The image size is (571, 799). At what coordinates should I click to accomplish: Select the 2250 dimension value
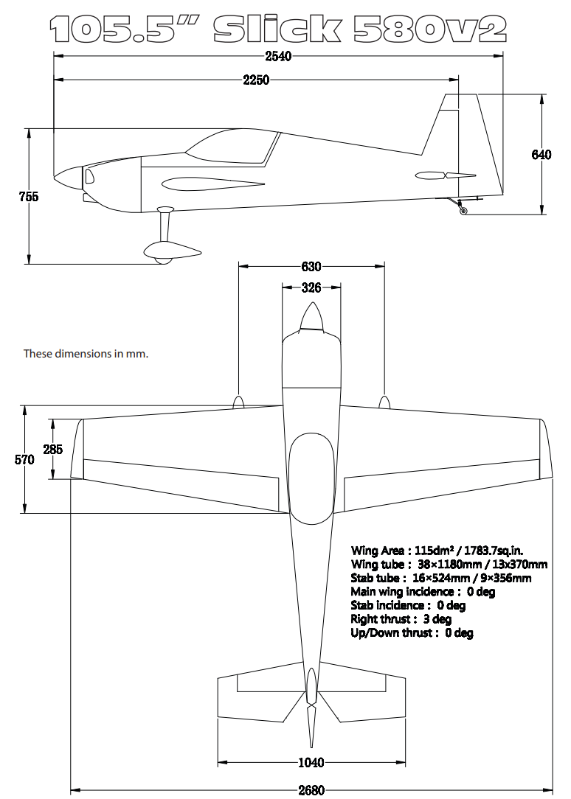tap(256, 80)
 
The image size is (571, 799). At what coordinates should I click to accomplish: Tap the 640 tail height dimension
tap(541, 155)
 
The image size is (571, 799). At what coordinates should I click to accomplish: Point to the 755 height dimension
tap(29, 197)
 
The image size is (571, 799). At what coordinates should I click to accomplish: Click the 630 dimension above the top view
tap(311, 267)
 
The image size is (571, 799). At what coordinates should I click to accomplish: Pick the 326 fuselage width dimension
tap(311, 288)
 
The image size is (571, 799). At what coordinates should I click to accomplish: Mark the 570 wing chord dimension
tap(24, 459)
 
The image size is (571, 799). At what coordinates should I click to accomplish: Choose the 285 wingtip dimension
tap(52, 450)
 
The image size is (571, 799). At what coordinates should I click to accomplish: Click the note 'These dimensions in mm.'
tap(86, 354)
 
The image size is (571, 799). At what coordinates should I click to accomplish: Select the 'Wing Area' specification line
tap(437, 551)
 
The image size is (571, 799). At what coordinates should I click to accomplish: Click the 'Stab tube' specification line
tap(440, 578)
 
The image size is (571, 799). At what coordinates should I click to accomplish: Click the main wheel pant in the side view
tap(173, 251)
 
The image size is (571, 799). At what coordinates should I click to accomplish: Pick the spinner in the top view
tap(311, 318)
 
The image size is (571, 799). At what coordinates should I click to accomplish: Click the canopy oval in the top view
tap(311, 478)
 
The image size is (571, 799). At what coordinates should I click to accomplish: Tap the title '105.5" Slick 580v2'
tap(278, 28)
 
